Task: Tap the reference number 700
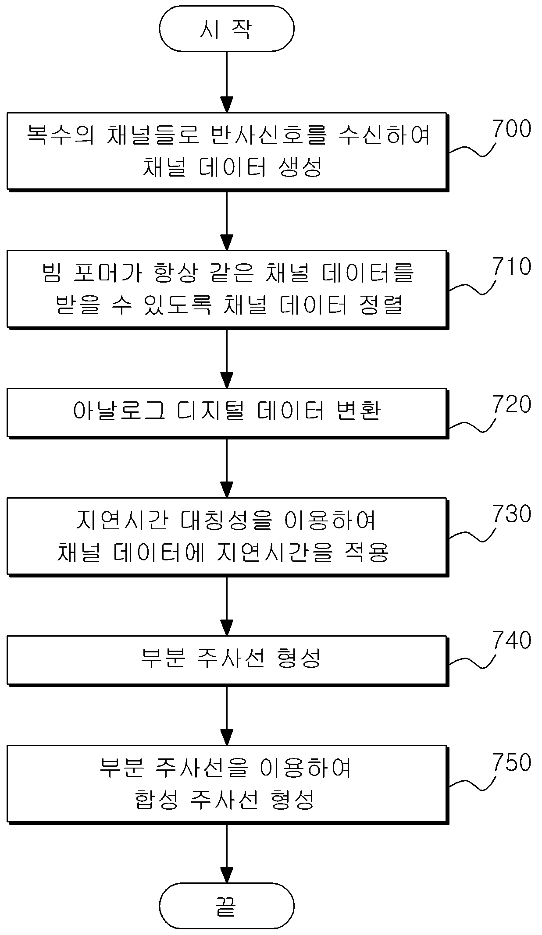(x=512, y=129)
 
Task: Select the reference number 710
(x=512, y=266)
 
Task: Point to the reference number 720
(x=512, y=404)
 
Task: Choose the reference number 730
(x=512, y=514)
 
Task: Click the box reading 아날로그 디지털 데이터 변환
(x=227, y=413)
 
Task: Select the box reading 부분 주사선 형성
(x=227, y=660)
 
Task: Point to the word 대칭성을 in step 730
(x=227, y=520)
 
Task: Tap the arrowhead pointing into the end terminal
(x=227, y=875)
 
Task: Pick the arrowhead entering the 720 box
(x=227, y=380)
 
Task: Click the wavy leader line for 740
(x=472, y=661)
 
